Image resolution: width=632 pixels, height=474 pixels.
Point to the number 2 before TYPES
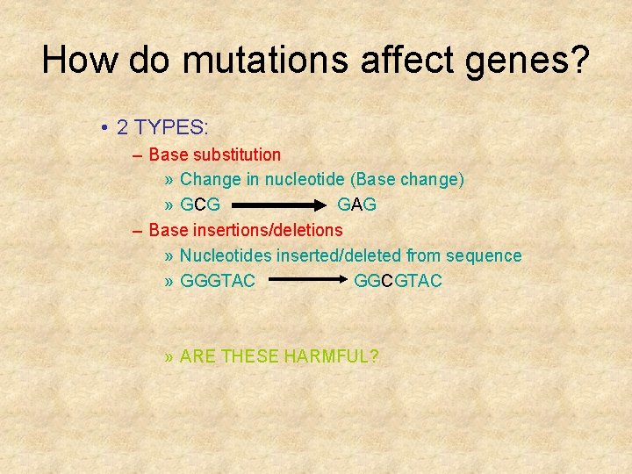point(123,127)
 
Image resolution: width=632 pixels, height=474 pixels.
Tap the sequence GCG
point(200,205)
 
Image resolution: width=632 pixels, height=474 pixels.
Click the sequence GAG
point(357,205)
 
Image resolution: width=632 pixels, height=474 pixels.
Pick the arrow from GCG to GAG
point(277,205)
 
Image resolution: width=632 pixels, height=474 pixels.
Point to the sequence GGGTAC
point(218,281)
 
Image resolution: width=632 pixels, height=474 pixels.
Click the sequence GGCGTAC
point(399,281)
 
